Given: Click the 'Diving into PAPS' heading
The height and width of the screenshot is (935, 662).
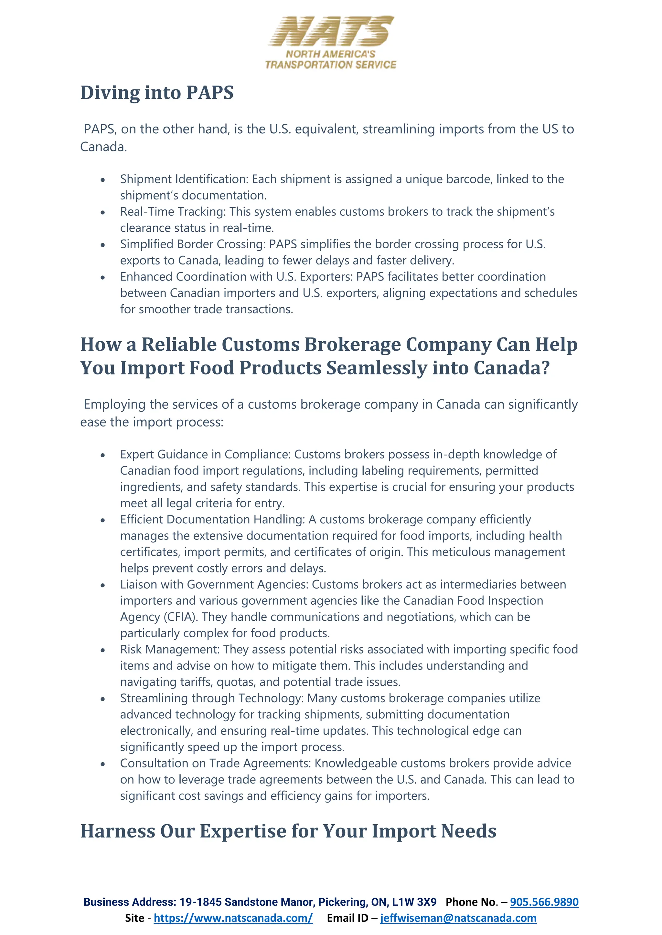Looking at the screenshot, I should pos(157,92).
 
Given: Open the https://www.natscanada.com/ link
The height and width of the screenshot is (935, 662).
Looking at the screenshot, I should pos(233,918).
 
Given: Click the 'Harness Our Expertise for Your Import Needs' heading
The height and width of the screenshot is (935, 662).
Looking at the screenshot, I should pos(288,831).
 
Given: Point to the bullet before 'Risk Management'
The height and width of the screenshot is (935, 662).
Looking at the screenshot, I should pos(103,650).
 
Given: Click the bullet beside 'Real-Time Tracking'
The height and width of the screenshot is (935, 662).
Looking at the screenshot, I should pos(103,212).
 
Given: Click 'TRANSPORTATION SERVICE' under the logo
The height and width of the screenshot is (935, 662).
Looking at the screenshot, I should pos(331,65).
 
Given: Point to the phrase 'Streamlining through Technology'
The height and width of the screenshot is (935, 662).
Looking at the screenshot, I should pos(211,698).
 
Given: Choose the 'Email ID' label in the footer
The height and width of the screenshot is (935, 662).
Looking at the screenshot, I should pos(347,918).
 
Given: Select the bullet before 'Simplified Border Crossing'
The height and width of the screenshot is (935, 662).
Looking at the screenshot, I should pos(103,245).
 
